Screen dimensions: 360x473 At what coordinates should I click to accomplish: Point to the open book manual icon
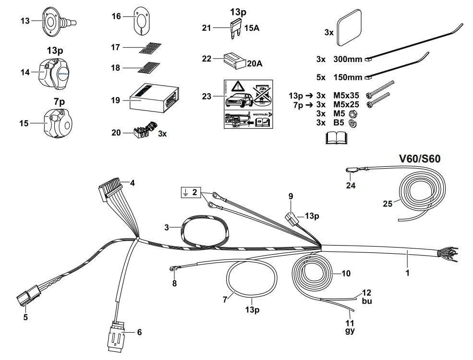click(x=336, y=139)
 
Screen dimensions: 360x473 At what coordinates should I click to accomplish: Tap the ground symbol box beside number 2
click(x=185, y=193)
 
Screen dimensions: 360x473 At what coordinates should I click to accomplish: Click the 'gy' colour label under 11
click(x=351, y=331)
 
